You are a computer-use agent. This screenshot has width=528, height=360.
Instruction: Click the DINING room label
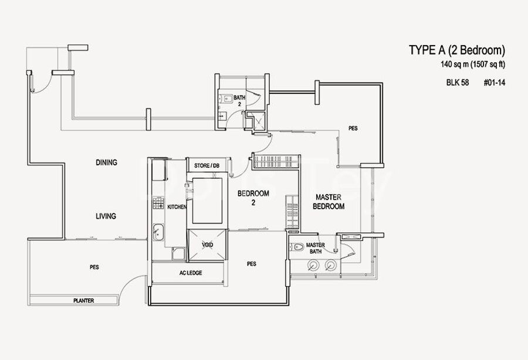pyautogui.click(x=106, y=162)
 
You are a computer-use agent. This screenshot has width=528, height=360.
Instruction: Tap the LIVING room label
pyautogui.click(x=106, y=216)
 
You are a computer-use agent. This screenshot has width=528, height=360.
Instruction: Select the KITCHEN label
pyautogui.click(x=177, y=207)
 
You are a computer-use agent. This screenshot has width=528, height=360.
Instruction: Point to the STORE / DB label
pyautogui.click(x=207, y=165)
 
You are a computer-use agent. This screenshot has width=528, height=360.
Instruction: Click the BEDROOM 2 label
pyautogui.click(x=253, y=198)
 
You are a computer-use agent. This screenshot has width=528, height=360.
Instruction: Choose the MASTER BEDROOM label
pyautogui.click(x=329, y=202)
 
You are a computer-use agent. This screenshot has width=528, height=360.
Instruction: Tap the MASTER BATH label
pyautogui.click(x=316, y=248)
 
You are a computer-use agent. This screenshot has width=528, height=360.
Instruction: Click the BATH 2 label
pyautogui.click(x=239, y=101)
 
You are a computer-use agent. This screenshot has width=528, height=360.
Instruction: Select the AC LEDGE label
pyautogui.click(x=191, y=273)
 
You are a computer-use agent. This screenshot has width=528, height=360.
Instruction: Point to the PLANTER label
pyautogui.click(x=83, y=300)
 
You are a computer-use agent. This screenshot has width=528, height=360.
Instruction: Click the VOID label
pyautogui.click(x=208, y=244)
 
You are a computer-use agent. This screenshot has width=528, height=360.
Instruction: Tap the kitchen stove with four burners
pyautogui.click(x=158, y=203)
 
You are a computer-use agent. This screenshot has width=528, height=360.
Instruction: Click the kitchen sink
pyautogui.click(x=158, y=232)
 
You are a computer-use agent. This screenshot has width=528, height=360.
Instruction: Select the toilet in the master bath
pyautogui.click(x=296, y=247)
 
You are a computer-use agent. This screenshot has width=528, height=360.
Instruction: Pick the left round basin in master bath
pyautogui.click(x=313, y=266)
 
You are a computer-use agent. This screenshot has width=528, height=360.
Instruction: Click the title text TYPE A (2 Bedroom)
pyautogui.click(x=457, y=50)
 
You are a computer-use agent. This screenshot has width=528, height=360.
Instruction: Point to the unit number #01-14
pyautogui.click(x=495, y=83)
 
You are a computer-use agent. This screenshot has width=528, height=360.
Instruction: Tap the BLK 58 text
pyautogui.click(x=457, y=83)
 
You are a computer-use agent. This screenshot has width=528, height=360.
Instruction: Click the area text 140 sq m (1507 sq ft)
pyautogui.click(x=473, y=64)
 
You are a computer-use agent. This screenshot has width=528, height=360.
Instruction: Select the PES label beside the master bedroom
pyautogui.click(x=353, y=128)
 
